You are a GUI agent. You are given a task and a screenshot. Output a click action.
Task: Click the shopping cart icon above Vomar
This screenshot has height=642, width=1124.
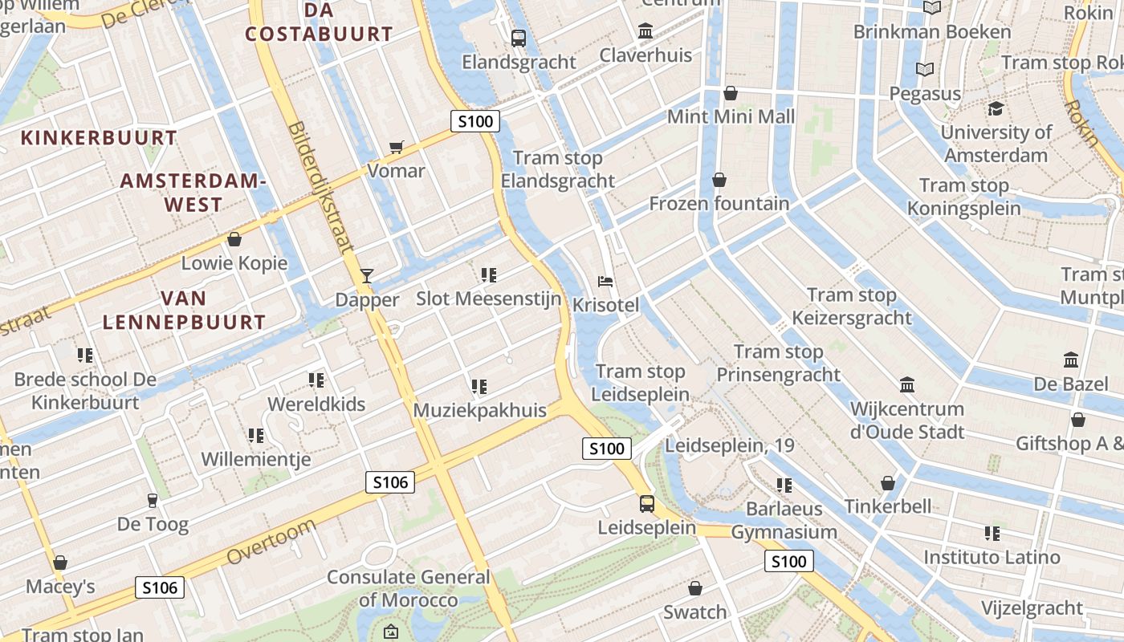[x=396, y=147]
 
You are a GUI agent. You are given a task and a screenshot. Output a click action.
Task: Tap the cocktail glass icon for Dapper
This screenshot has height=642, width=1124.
[x=367, y=276]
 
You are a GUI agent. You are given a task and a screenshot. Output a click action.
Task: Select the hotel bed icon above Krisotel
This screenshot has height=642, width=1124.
[x=606, y=282]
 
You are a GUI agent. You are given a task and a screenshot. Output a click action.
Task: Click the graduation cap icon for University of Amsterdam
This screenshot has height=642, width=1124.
[x=996, y=109]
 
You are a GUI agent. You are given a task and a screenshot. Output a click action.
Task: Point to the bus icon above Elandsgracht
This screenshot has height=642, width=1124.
[x=519, y=38]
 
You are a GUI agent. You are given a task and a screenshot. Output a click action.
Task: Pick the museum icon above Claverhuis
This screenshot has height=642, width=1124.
[x=645, y=31]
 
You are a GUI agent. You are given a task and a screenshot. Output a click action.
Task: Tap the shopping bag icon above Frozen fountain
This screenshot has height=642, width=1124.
[x=719, y=180]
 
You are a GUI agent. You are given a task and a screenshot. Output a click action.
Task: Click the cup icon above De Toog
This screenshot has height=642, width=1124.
[x=153, y=501]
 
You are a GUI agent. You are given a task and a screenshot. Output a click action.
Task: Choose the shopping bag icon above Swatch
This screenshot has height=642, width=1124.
[x=695, y=588]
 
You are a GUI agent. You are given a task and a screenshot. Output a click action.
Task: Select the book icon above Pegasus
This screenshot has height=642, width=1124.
[x=925, y=70]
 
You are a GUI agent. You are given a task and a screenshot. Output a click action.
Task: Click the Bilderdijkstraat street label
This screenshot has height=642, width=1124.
[x=320, y=189]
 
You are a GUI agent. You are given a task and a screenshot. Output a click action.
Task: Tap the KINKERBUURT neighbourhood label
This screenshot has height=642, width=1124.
[x=99, y=138]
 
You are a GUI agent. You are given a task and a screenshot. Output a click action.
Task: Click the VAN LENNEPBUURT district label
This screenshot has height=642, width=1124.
[x=184, y=311]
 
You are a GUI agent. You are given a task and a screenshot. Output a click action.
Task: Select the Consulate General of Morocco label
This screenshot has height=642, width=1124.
[x=408, y=588]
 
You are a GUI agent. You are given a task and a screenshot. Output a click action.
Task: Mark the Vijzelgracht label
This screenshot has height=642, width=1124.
[x=1032, y=608]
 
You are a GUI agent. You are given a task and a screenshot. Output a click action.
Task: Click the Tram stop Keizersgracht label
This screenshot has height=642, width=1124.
[x=852, y=307]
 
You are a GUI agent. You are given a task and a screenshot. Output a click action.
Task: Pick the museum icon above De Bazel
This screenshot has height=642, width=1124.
[x=1070, y=360]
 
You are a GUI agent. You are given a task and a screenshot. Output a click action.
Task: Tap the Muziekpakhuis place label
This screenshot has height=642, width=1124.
[x=479, y=410]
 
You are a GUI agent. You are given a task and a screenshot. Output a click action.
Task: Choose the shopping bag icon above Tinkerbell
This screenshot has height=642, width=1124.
[x=888, y=482]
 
